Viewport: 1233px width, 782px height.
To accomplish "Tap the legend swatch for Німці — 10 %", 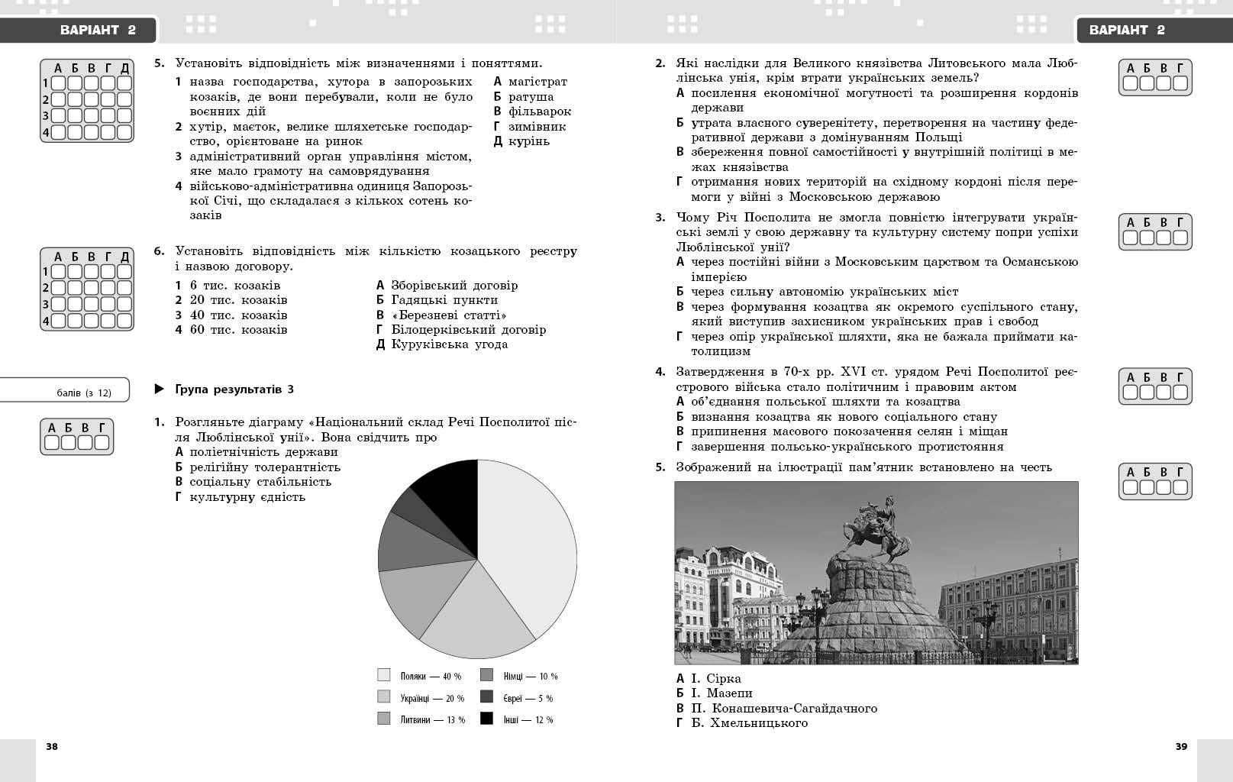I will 486,675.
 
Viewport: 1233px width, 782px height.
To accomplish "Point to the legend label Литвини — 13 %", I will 432,719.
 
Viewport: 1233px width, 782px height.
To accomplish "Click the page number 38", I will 52,746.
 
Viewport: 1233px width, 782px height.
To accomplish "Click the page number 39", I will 1181,746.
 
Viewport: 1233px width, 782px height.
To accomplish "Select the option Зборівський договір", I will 454,285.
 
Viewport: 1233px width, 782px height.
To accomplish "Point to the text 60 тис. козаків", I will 238,330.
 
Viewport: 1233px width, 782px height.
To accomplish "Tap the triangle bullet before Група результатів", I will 160,389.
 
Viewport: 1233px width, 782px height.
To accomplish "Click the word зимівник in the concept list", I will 537,126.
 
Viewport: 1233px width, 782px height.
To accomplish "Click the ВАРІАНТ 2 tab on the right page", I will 1127,31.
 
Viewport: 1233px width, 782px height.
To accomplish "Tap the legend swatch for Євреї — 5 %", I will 486,697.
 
